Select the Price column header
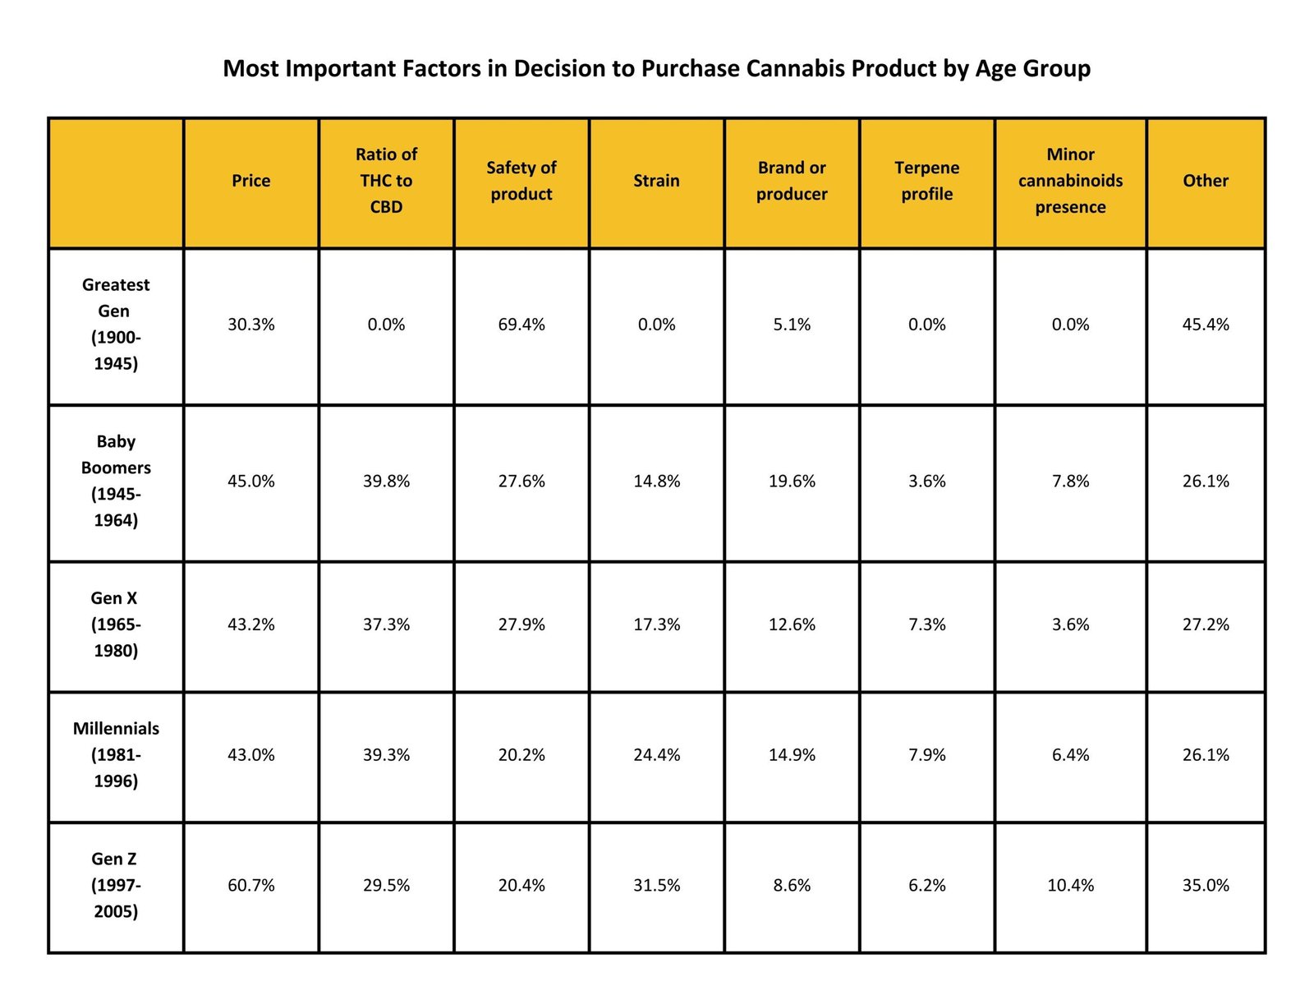[250, 181]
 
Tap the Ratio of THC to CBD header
[386, 181]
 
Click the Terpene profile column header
[926, 181]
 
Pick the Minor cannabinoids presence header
[1070, 181]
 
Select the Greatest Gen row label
[116, 324]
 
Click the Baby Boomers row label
[116, 481]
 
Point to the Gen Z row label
[116, 885]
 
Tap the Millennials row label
[116, 754]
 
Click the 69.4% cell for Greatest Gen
[521, 325]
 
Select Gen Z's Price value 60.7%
[250, 885]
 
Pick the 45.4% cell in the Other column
[1205, 325]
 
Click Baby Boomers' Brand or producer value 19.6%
[792, 481]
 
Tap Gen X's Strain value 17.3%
[656, 624]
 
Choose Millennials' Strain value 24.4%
[656, 754]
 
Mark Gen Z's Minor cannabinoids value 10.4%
[1070, 885]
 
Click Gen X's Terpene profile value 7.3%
[926, 624]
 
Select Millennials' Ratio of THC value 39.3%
[386, 754]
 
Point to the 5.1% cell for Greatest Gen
[792, 325]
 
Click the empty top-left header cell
[116, 182]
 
